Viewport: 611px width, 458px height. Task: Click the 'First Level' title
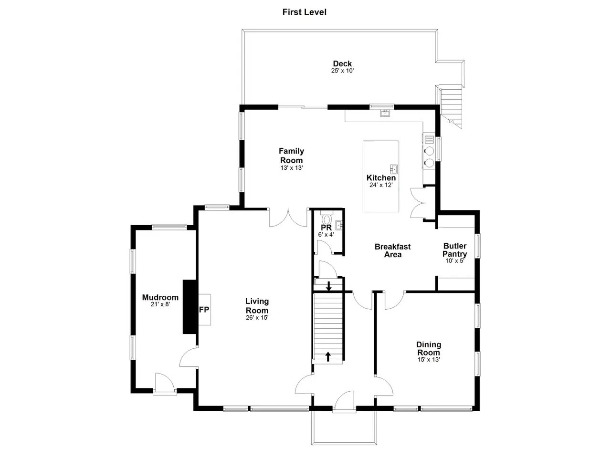304,12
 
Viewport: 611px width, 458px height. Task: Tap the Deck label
342,63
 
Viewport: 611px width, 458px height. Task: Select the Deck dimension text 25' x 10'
342,71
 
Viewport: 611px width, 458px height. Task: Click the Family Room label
291,156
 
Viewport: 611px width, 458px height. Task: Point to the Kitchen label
381,177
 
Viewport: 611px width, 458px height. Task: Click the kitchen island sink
393,169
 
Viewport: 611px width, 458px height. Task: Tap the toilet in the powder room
327,219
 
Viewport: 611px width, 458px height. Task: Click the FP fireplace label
204,310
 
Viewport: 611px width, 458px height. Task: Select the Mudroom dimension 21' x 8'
160,304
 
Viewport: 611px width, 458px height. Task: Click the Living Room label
257,306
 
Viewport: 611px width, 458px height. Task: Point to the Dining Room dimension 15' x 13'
428,360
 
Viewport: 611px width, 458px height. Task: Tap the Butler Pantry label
454,250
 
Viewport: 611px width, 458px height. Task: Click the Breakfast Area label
392,250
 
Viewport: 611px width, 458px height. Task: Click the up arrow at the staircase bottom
328,356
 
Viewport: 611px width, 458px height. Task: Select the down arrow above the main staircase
329,286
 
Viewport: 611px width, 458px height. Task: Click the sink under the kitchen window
385,113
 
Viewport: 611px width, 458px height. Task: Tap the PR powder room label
326,228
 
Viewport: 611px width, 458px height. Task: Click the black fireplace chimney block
190,307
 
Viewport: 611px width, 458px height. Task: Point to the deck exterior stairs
451,107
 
